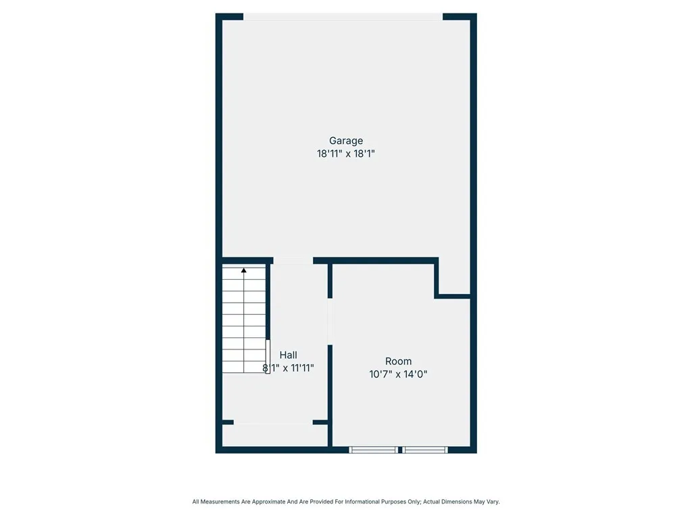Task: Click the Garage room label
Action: click(346, 141)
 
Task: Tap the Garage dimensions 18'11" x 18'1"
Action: click(346, 154)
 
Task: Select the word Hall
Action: click(289, 355)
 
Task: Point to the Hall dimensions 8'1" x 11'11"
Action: click(289, 368)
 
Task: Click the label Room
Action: click(398, 361)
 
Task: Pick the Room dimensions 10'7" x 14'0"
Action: click(398, 374)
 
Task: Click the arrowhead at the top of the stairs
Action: click(244, 270)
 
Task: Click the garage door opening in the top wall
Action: click(343, 17)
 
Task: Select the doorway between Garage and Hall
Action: click(293, 260)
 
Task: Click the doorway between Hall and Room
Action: click(330, 321)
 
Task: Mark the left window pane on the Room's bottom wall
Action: click(374, 449)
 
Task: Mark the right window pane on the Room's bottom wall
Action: click(425, 449)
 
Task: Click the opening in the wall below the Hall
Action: click(273, 422)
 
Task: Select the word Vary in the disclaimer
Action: click(492, 502)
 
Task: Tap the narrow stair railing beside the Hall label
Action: click(268, 356)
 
